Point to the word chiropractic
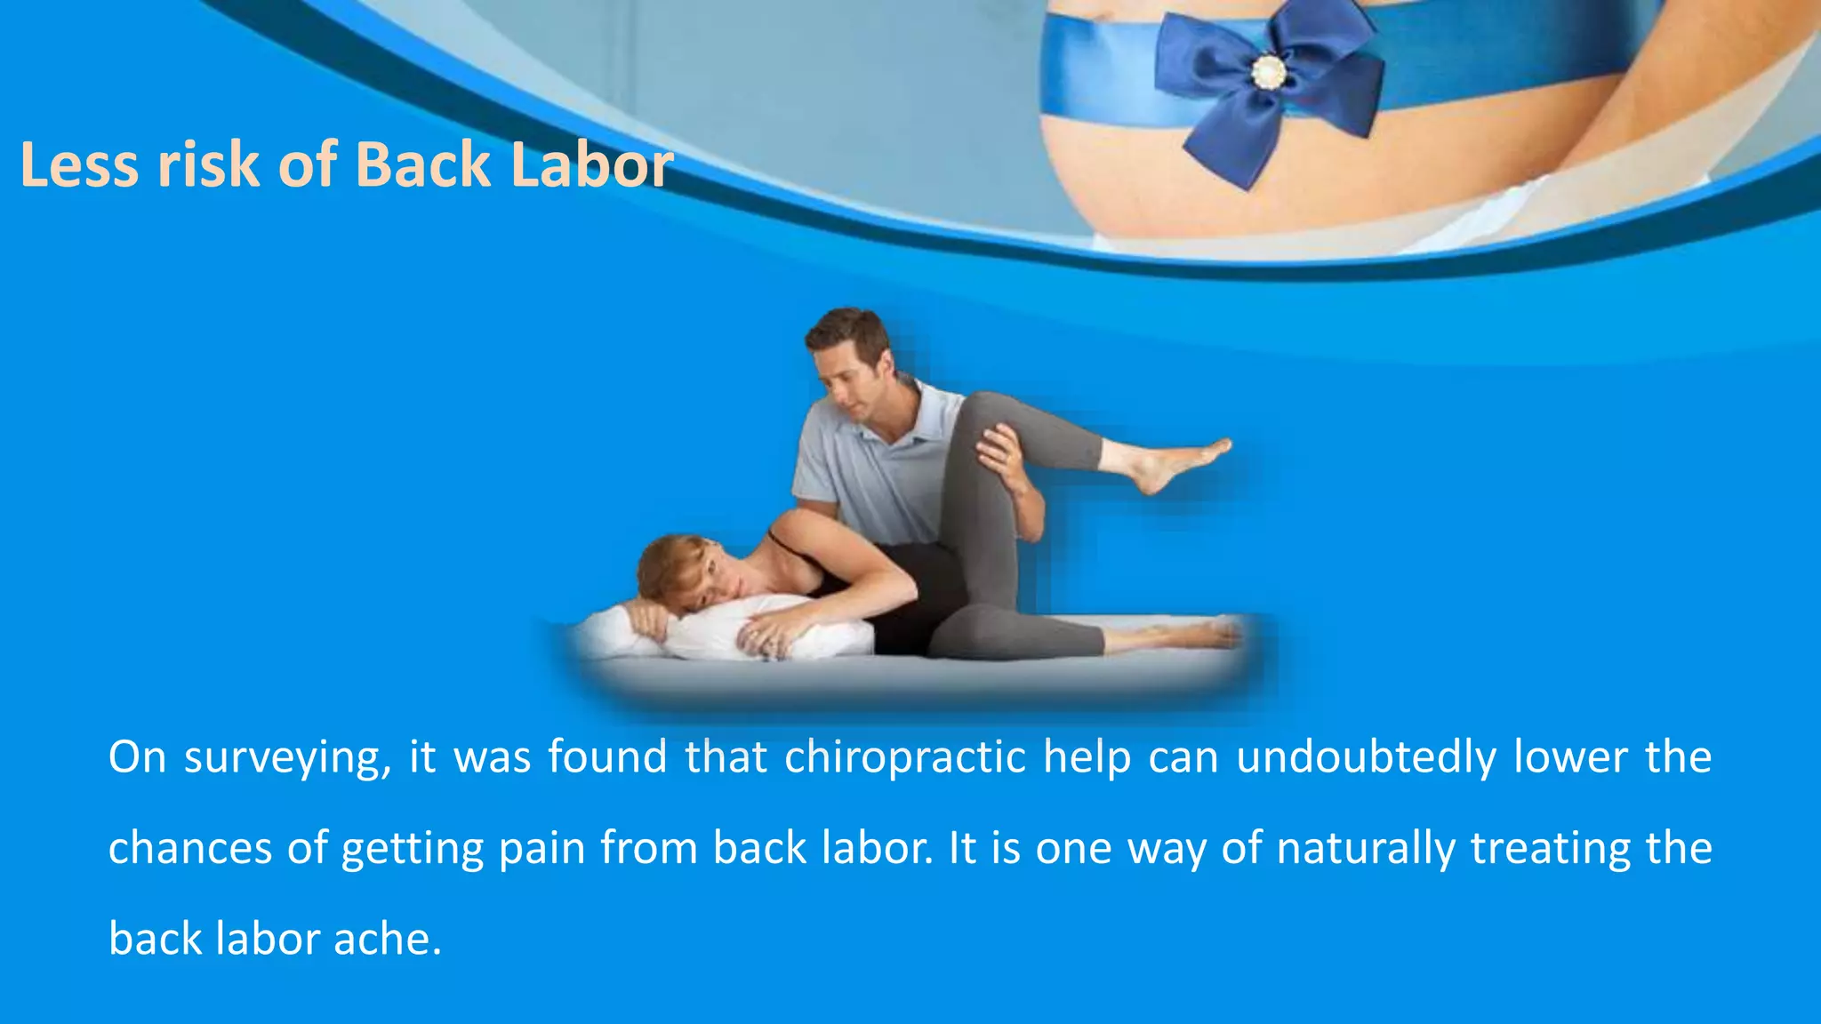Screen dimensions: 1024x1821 pyautogui.click(x=905, y=758)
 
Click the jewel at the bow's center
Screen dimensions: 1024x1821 pyautogui.click(x=1268, y=71)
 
